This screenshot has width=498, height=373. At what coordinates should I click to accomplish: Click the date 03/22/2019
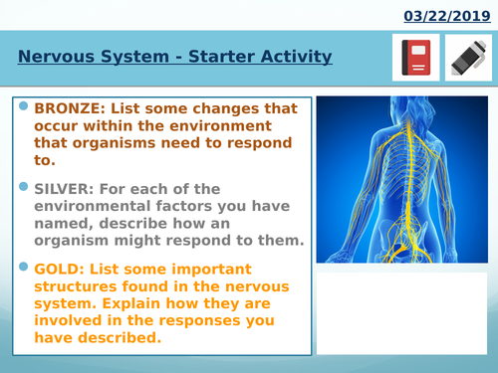pyautogui.click(x=447, y=16)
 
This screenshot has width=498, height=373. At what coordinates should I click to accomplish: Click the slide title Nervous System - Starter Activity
pyautogui.click(x=174, y=57)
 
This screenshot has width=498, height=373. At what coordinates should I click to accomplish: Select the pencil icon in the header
pyautogui.click(x=464, y=58)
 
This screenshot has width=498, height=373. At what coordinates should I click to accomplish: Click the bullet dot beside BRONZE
pyautogui.click(x=23, y=104)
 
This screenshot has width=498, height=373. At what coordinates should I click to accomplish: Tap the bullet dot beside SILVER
pyautogui.click(x=23, y=185)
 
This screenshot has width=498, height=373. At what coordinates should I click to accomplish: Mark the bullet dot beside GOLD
pyautogui.click(x=23, y=266)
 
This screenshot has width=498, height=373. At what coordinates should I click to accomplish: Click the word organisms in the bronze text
pyautogui.click(x=84, y=141)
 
